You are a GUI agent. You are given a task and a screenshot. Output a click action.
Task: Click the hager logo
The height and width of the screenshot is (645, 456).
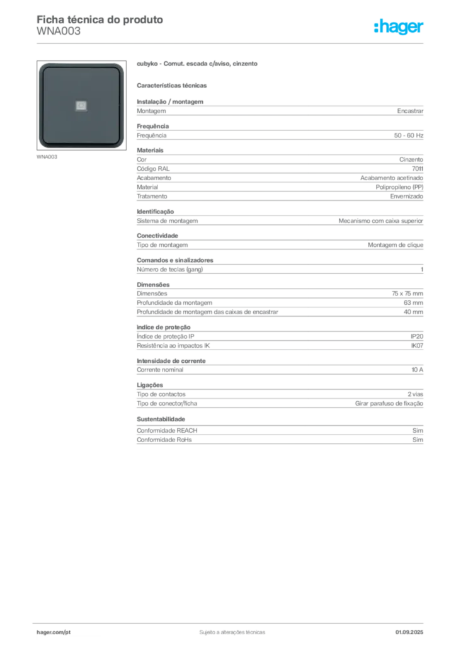tap(398, 26)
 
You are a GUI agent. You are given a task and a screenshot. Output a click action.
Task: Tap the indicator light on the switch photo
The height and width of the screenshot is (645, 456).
tap(81, 106)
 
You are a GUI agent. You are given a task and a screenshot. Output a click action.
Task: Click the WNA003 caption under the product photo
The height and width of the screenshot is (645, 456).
tap(47, 157)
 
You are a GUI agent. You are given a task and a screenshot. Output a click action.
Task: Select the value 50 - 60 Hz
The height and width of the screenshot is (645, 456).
tap(408, 135)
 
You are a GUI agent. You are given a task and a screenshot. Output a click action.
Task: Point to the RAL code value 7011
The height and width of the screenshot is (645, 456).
tap(418, 169)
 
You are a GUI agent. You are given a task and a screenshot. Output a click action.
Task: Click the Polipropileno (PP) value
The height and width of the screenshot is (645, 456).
tap(399, 187)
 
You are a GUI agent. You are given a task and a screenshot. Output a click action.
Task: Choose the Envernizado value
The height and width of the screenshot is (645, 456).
tap(406, 197)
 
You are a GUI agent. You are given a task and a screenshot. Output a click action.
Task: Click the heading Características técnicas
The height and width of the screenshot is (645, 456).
tap(171, 86)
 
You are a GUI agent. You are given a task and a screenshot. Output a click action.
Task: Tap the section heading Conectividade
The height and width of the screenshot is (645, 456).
tap(157, 236)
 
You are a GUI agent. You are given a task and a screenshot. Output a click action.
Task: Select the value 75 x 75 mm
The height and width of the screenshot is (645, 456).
tap(407, 294)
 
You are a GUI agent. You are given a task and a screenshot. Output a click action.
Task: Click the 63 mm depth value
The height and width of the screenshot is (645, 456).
tap(413, 303)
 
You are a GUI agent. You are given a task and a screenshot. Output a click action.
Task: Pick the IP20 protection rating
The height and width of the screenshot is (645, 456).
tap(416, 336)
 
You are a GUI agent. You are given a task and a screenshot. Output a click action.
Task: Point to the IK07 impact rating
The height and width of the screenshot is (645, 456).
tap(417, 346)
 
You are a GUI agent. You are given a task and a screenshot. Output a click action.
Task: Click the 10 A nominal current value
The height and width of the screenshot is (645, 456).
tap(417, 370)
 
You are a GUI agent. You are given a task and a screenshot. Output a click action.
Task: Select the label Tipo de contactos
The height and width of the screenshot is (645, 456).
tap(161, 394)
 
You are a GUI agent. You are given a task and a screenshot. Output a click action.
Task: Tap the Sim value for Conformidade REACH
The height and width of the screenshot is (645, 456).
tap(418, 430)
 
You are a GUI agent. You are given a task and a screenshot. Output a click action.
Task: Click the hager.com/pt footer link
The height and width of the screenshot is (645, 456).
tap(54, 632)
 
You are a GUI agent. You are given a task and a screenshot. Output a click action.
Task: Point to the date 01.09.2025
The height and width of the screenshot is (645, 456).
tap(409, 632)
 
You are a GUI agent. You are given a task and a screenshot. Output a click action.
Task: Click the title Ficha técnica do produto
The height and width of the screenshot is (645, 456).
tap(100, 20)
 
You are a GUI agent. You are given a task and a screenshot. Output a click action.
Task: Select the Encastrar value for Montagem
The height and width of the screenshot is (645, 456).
tap(410, 111)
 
